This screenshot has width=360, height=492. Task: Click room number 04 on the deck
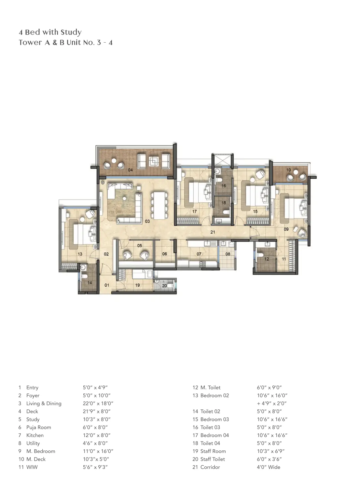pyautogui.click(x=130, y=170)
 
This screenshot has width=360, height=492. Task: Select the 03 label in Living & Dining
pyautogui.click(x=147, y=221)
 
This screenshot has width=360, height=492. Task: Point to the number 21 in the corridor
pyautogui.click(x=213, y=232)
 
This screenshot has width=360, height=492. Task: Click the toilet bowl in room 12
pyautogui.click(x=261, y=255)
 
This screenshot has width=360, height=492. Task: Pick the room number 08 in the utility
pyautogui.click(x=228, y=254)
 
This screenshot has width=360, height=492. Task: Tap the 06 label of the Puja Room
pyautogui.click(x=164, y=254)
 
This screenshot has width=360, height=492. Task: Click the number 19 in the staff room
pyautogui.click(x=137, y=285)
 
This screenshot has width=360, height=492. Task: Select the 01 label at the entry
pyautogui.click(x=107, y=285)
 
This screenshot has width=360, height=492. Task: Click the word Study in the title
pyautogui.click(x=71, y=32)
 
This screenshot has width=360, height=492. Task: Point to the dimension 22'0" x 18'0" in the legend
pyautogui.click(x=98, y=403)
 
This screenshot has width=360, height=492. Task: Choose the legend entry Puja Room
pyautogui.click(x=39, y=427)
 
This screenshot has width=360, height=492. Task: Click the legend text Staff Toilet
pyautogui.click(x=213, y=459)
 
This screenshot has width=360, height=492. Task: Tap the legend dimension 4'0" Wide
pyautogui.click(x=269, y=467)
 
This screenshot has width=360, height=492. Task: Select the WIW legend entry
pyautogui.click(x=32, y=467)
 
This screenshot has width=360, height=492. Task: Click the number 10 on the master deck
pyautogui.click(x=288, y=170)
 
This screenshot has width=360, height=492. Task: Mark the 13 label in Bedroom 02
pyautogui.click(x=80, y=254)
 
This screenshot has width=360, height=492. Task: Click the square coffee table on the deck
pyautogui.click(x=154, y=161)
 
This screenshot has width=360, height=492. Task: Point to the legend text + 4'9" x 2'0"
pyautogui.click(x=272, y=403)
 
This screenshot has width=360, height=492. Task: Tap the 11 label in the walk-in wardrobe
pyautogui.click(x=284, y=259)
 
